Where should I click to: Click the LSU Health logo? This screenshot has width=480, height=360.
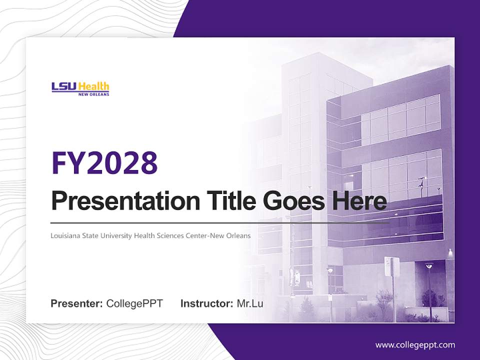80,88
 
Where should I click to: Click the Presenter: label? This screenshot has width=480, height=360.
77,303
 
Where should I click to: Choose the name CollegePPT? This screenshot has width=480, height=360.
134,303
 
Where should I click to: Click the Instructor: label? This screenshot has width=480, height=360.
206,303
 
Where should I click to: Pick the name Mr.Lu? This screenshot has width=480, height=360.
250,303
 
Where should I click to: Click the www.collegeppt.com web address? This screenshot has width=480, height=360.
415,344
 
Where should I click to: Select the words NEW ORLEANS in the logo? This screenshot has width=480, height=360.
93,94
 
